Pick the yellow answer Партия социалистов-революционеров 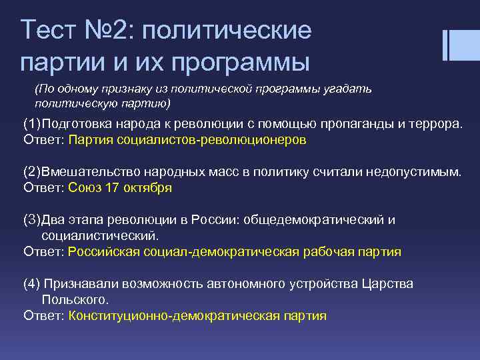tap(187, 140)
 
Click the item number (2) tap(32, 172)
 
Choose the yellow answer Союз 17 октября tap(120, 188)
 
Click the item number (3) tap(32, 220)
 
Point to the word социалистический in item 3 tap(101, 235)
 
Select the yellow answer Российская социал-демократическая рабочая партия tap(235, 251)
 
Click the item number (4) tap(32, 284)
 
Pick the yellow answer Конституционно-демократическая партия tap(197, 315)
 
